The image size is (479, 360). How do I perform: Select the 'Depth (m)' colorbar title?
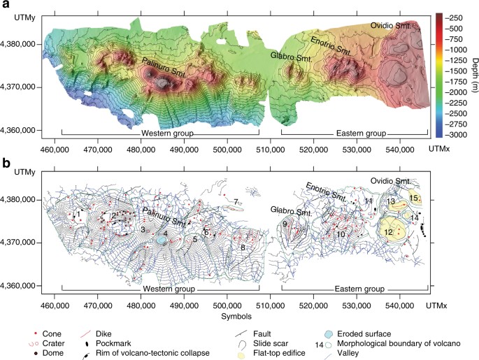(472, 74)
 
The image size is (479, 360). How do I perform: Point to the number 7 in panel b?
(236, 202)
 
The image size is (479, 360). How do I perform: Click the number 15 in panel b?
(414, 199)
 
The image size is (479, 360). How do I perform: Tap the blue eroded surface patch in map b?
(162, 239)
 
